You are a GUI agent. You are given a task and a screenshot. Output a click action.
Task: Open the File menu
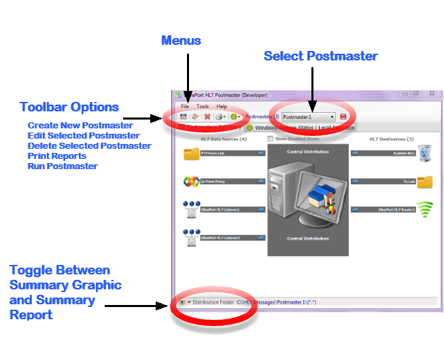click(x=184, y=107)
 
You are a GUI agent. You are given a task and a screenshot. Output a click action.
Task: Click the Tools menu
click(x=203, y=107)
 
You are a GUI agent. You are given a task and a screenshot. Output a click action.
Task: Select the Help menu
click(x=222, y=107)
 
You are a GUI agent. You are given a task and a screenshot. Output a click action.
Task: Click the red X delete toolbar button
click(x=207, y=117)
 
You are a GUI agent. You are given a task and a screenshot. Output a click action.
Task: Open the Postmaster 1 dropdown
click(x=332, y=117)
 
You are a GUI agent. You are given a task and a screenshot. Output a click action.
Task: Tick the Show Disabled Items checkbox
click(x=271, y=139)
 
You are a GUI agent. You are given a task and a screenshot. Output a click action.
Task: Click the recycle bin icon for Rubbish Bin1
click(x=424, y=153)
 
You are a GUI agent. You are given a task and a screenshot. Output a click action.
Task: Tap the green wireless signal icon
click(x=424, y=210)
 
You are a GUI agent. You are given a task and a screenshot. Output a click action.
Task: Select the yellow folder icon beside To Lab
click(x=424, y=182)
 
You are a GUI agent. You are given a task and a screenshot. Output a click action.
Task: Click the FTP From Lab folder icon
click(x=192, y=154)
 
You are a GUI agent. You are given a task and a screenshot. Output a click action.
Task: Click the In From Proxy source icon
click(x=192, y=182)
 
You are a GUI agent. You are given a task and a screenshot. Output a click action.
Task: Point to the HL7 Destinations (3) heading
click(x=410, y=139)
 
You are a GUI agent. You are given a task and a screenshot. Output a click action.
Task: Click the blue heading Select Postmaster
click(x=320, y=56)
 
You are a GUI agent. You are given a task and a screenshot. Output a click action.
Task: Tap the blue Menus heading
click(x=181, y=40)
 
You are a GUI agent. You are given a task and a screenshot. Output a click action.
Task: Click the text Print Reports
click(x=57, y=156)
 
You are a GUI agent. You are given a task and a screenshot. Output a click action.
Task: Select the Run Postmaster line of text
click(x=63, y=166)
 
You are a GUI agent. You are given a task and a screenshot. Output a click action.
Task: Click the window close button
click(x=429, y=94)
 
